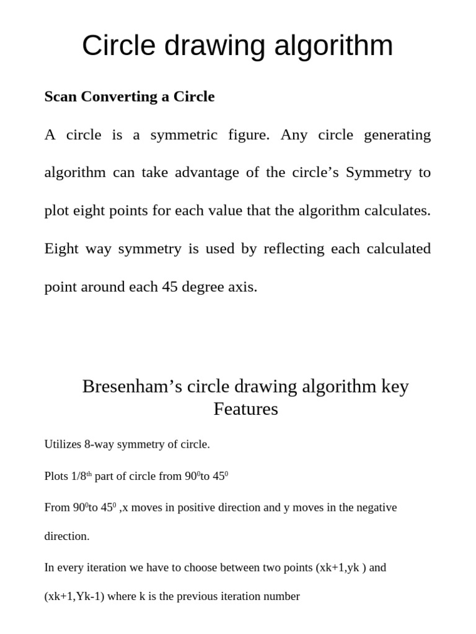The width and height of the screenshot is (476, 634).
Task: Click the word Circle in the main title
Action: coord(117,46)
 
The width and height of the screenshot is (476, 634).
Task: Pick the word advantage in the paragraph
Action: coord(207,173)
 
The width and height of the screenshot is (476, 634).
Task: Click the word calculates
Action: coord(399,211)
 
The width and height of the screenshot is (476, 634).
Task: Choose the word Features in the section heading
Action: coord(245,409)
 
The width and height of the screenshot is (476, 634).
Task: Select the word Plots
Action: coord(56,476)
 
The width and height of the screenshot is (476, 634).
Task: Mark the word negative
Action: coord(374,508)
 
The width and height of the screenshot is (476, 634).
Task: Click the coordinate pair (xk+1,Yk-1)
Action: coord(74,597)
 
